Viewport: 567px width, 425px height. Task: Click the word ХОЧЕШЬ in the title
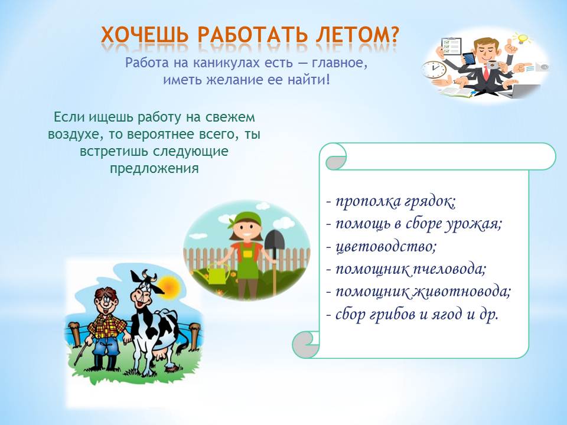pos(145,35)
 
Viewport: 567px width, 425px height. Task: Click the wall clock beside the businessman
pos(434,70)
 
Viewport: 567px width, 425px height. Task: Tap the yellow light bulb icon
pos(522,38)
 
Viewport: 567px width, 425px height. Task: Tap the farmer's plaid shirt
pos(106,326)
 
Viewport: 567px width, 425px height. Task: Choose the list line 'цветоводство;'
pos(382,247)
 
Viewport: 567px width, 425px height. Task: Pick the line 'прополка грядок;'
pos(391,202)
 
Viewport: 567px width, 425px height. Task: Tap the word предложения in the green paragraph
pos(154,168)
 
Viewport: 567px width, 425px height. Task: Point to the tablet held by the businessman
pos(468,58)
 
